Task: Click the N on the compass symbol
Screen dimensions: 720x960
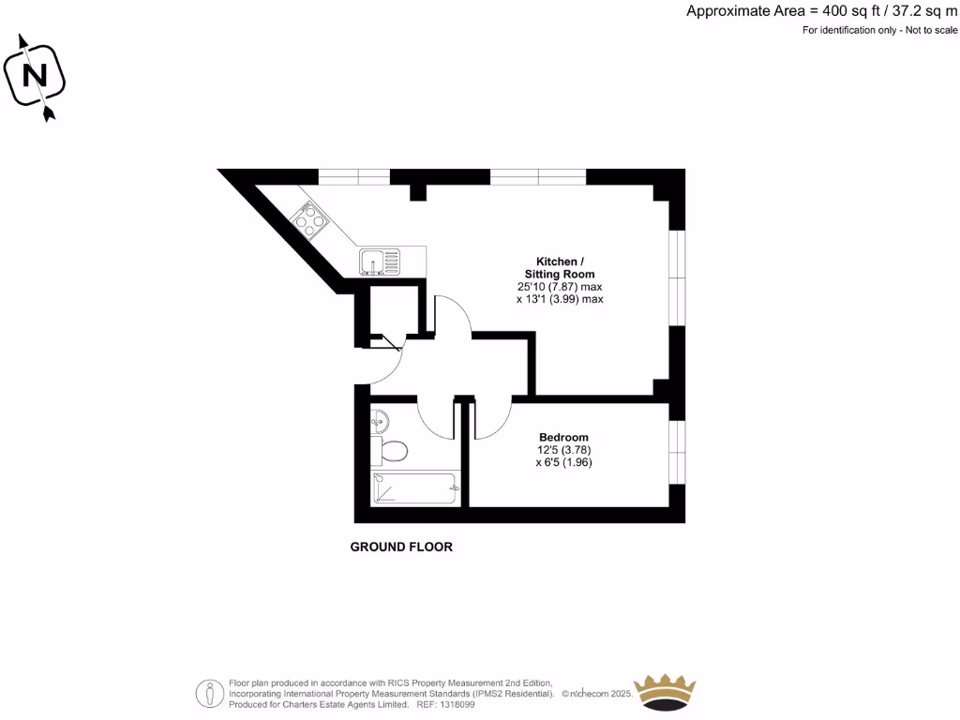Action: pos(35,75)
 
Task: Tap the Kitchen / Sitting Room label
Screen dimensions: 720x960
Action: pos(560,267)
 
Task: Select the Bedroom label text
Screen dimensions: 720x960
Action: pos(563,438)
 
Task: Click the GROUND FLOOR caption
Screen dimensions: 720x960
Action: pos(401,547)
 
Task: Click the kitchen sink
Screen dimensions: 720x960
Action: pos(379,260)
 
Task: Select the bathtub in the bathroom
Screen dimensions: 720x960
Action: pos(414,488)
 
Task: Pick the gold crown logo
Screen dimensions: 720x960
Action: pos(665,692)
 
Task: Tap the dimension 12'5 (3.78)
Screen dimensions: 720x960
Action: pos(563,450)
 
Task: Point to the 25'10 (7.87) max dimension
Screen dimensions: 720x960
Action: pos(560,287)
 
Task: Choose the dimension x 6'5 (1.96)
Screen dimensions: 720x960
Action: pos(563,462)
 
